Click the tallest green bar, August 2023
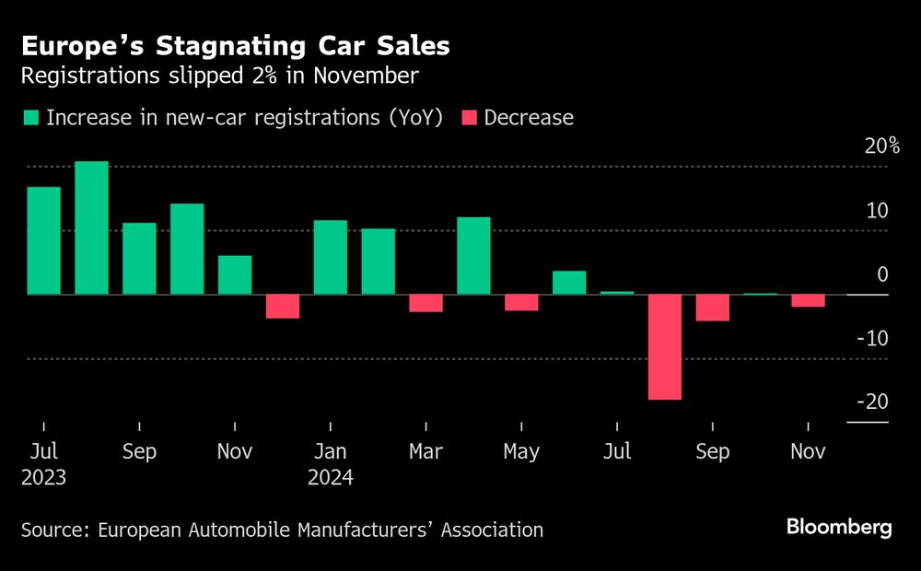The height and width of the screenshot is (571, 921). [91, 227]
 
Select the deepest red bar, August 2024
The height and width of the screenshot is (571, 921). [665, 346]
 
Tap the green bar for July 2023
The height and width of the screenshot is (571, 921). [43, 240]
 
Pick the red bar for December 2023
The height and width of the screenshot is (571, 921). [283, 306]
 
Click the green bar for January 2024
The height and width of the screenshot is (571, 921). [331, 257]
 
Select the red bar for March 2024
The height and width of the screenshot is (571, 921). [426, 303]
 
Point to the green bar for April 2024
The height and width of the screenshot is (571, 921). [473, 255]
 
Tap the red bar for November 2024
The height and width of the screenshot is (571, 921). [808, 300]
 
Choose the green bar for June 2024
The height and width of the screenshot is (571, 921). [569, 283]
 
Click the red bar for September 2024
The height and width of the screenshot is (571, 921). [712, 308]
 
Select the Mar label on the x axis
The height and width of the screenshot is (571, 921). [426, 452]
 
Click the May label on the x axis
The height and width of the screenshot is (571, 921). [521, 452]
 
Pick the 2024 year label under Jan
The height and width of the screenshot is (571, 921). [331, 478]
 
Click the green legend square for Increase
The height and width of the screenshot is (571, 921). [31, 118]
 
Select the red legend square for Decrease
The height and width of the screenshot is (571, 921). [469, 118]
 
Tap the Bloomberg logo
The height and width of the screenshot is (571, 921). [838, 527]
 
